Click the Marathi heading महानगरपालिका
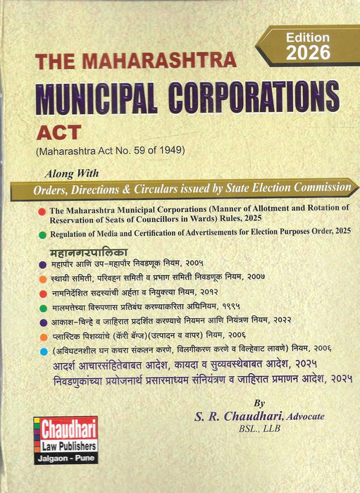(78, 251)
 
